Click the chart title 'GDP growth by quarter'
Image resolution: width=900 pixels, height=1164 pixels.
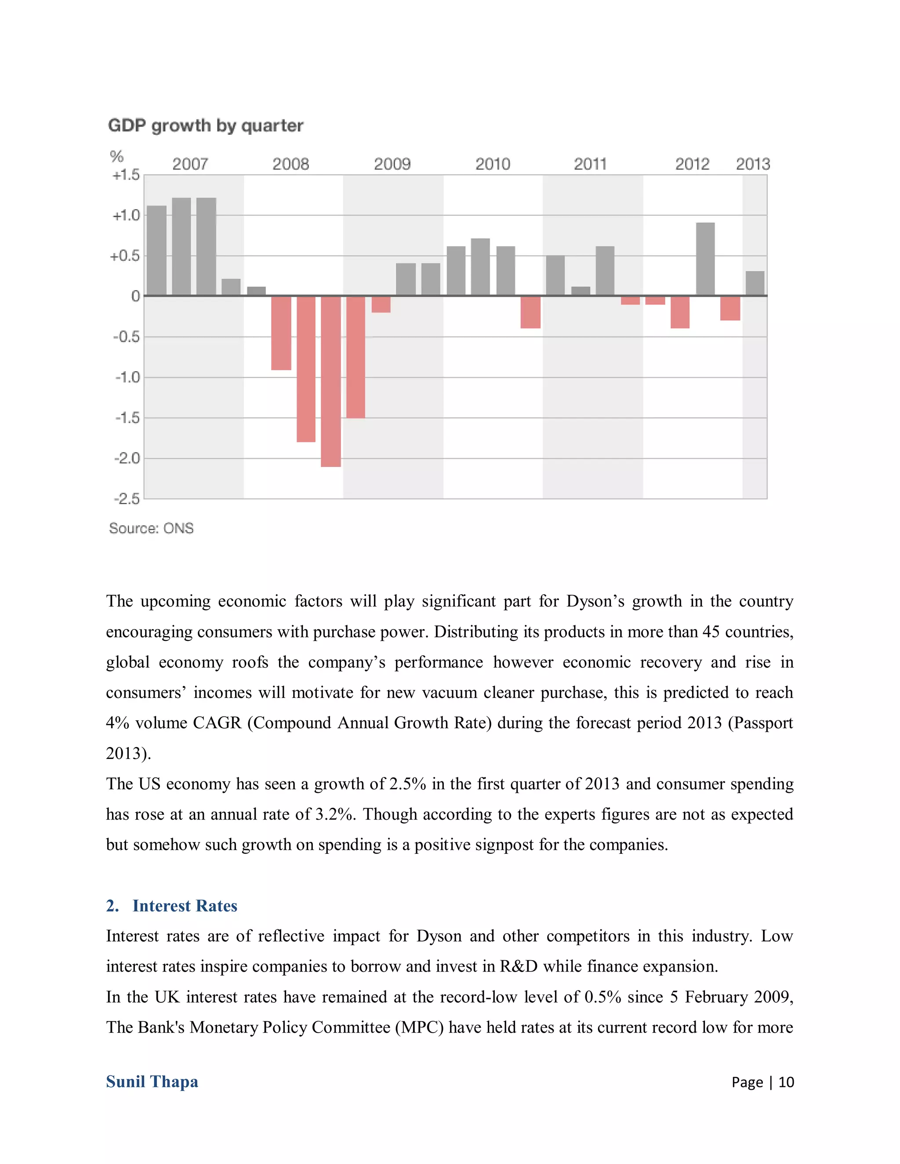(205, 126)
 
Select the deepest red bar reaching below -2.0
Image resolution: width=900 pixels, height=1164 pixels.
(330, 381)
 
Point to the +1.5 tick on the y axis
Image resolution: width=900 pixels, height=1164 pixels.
(126, 175)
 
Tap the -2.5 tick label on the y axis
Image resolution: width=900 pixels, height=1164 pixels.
(127, 499)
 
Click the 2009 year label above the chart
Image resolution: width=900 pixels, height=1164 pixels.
(392, 164)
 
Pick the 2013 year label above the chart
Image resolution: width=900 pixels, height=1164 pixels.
(753, 164)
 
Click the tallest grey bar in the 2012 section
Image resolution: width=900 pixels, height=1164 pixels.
(705, 259)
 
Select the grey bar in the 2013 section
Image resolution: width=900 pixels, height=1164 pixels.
(755, 284)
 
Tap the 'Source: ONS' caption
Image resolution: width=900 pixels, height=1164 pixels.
(152, 528)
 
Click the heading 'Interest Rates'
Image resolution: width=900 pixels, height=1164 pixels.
(185, 906)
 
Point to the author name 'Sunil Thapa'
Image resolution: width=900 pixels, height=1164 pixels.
(152, 1081)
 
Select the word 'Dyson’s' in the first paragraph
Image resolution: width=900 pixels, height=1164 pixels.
(595, 601)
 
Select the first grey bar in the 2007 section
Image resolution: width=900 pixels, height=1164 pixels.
(157, 250)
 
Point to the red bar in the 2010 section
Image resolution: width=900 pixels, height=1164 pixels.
(530, 312)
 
